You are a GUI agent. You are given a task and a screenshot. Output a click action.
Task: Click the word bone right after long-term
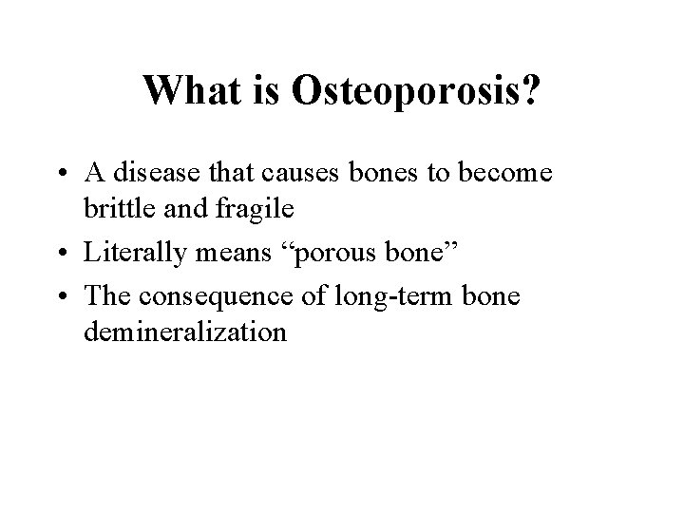[x=491, y=296]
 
